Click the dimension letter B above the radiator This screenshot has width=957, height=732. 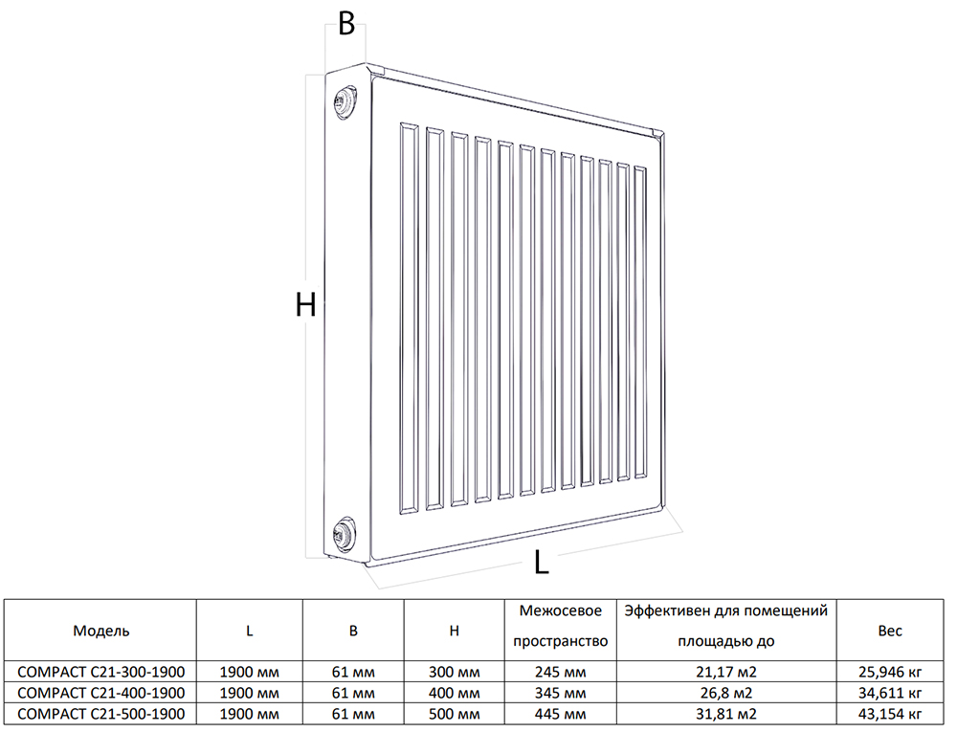tap(346, 24)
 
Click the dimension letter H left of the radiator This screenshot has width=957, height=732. tap(305, 304)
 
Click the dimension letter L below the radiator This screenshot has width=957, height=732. tap(542, 562)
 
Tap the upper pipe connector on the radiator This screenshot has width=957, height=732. tap(345, 101)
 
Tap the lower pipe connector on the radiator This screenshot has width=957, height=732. tap(345, 534)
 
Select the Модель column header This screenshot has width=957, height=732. tap(101, 631)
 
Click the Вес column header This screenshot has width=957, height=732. tap(890, 631)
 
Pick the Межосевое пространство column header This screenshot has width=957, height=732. tap(560, 626)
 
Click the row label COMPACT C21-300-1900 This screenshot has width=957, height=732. tap(101, 672)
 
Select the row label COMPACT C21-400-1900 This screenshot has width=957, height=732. tap(101, 693)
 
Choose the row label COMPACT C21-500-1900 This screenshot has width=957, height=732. tap(101, 714)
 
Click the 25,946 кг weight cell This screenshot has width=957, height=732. tap(890, 673)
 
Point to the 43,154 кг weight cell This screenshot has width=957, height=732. tap(890, 715)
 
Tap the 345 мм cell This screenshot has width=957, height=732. tap(560, 693)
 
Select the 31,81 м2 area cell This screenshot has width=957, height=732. tap(726, 714)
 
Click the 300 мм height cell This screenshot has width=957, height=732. tap(454, 673)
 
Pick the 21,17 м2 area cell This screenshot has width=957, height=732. tap(726, 673)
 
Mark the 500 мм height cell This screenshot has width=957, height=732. tap(454, 714)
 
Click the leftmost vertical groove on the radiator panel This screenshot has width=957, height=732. tap(410, 320)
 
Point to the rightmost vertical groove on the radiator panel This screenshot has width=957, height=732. tap(640, 322)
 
